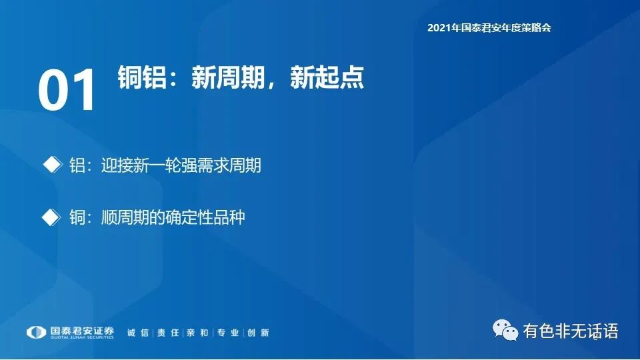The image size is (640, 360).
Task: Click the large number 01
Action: (x=67, y=90)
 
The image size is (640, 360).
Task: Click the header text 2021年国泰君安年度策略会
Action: (x=489, y=28)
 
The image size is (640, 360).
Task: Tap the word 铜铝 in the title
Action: (x=142, y=77)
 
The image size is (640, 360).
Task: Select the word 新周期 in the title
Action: (x=228, y=77)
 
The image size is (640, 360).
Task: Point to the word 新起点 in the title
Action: (x=327, y=77)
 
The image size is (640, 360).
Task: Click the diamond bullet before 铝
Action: (x=52, y=165)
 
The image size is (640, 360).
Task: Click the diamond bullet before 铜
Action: (x=51, y=217)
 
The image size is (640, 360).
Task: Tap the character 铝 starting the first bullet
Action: (x=77, y=165)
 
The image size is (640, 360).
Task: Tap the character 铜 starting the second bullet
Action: (x=77, y=217)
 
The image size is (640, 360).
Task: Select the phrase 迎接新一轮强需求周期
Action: (x=181, y=165)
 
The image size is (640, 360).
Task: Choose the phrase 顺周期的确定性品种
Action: (x=173, y=217)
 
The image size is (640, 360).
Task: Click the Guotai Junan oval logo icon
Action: (x=36, y=332)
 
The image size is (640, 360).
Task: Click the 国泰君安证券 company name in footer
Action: (x=82, y=331)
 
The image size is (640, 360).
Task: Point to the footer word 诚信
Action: (x=138, y=333)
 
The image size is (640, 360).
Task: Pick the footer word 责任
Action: (x=168, y=333)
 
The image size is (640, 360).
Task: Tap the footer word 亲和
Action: (x=197, y=333)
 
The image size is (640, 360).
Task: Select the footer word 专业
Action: (x=228, y=333)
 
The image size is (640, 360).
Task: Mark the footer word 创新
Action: (x=258, y=333)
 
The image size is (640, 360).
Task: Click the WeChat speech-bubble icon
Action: (x=505, y=330)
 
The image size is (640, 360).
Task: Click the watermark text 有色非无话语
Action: (x=571, y=331)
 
